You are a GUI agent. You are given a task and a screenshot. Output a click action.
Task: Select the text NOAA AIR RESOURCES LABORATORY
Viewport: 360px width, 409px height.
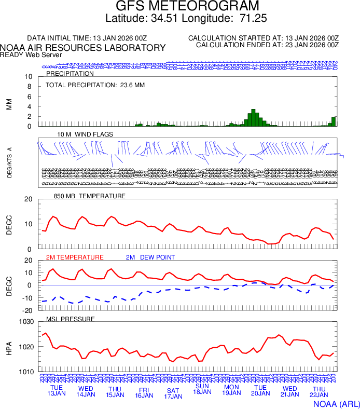83,48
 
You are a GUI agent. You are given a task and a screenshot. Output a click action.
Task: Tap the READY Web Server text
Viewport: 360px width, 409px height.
31,55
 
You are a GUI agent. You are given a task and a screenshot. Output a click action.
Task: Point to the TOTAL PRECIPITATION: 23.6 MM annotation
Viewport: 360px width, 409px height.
95,85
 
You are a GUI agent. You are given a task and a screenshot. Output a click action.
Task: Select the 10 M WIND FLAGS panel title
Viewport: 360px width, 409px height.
85,134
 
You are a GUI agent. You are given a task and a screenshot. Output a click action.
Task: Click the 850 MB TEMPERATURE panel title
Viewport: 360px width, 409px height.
90,196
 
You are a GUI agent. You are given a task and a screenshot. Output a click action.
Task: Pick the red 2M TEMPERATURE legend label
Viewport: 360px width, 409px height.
75,257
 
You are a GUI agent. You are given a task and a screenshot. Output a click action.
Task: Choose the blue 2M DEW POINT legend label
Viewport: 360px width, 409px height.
150,257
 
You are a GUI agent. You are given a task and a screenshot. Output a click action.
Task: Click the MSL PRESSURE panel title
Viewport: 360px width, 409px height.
71,319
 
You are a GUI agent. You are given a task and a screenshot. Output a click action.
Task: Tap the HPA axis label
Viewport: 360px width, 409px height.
9,347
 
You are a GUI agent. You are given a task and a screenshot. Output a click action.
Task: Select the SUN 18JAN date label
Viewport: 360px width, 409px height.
202,389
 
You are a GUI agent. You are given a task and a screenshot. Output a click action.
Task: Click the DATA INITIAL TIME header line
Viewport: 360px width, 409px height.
88,38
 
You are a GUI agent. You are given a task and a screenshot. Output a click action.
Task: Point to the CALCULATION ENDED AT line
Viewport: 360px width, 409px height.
267,45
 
